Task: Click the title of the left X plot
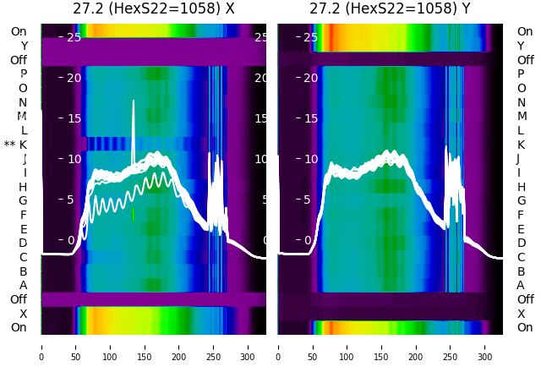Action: tap(154, 9)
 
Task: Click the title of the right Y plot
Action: tap(391, 9)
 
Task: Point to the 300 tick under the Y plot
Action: tap(485, 345)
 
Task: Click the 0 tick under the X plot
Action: tap(41, 345)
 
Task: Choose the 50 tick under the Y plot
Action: tap(313, 345)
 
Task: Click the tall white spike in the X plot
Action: tap(133, 127)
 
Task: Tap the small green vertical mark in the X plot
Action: tap(133, 215)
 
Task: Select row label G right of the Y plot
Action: tap(521, 200)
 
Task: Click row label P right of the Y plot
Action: tap(521, 74)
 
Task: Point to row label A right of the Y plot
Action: tap(521, 285)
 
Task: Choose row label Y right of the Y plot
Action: tap(521, 46)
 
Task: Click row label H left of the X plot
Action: tap(23, 187)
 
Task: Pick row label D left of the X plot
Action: tap(23, 243)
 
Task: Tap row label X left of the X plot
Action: tap(23, 314)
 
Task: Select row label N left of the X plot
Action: tap(23, 102)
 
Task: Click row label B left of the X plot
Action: tap(23, 271)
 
